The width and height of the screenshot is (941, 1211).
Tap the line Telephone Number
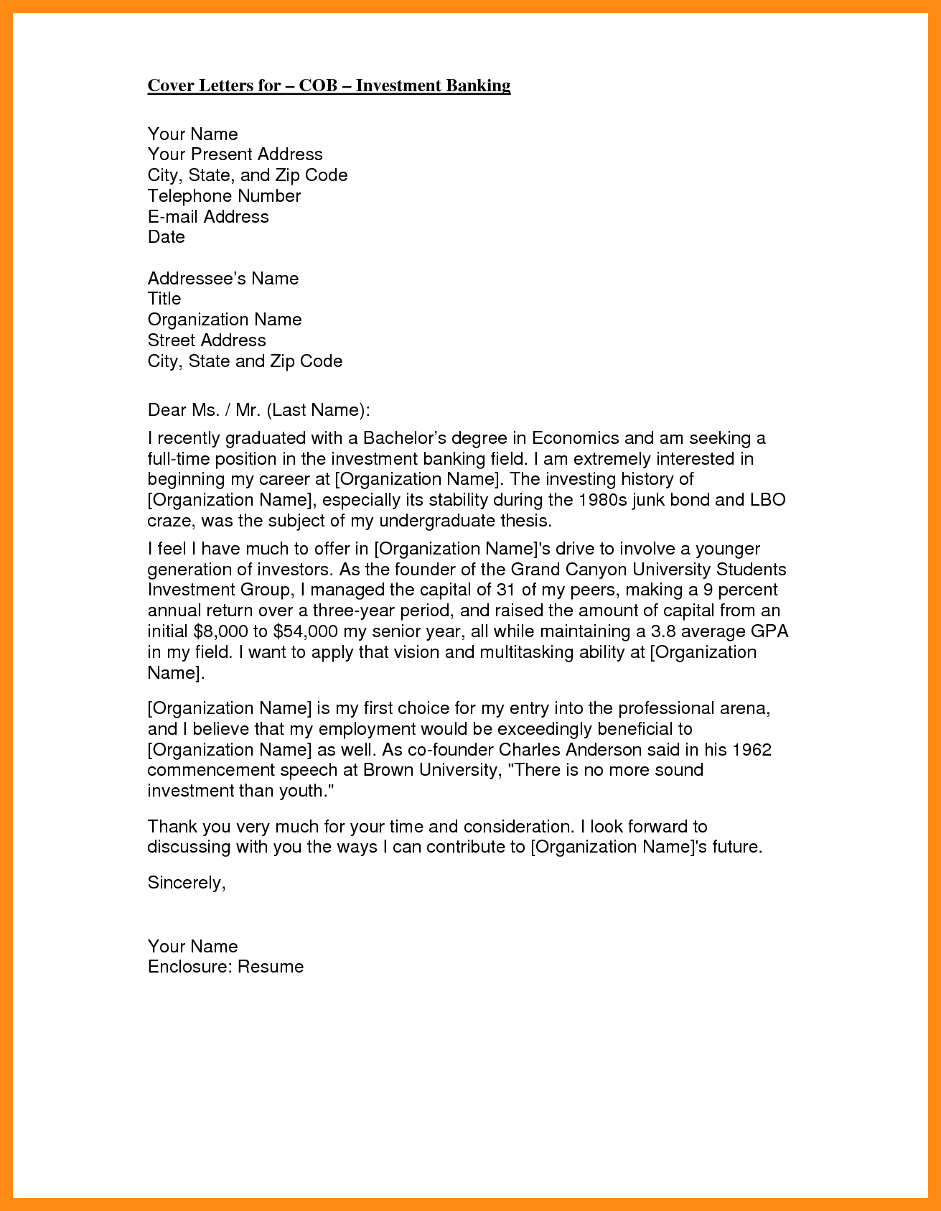tap(224, 196)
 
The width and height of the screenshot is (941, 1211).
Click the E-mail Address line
tap(208, 217)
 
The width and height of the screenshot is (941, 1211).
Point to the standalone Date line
tap(167, 237)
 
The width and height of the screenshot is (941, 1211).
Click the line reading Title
tap(164, 299)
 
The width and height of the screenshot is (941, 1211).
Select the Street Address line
tap(207, 340)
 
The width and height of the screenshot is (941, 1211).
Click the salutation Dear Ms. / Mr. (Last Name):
tap(259, 410)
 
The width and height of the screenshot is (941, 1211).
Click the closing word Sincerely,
tap(187, 883)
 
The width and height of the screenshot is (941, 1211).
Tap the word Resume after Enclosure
tap(271, 967)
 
